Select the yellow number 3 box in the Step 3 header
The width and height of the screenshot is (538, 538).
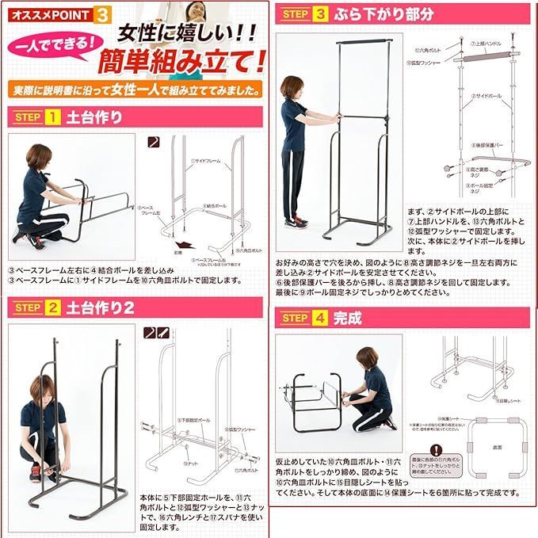coord(319,15)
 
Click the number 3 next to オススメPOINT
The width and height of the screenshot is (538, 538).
coord(102,14)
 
